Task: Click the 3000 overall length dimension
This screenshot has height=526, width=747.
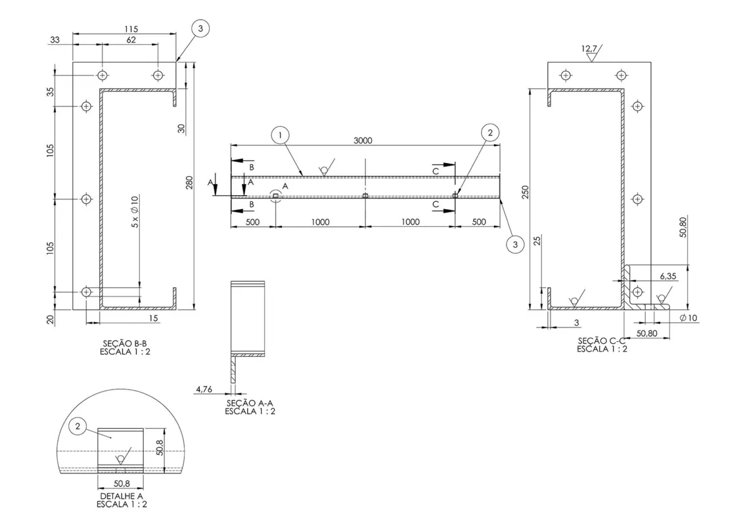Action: [x=363, y=140]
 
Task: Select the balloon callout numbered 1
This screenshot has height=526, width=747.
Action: [x=280, y=135]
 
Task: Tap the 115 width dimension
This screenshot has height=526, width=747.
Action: [x=131, y=29]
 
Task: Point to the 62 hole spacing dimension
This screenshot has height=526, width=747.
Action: [x=131, y=40]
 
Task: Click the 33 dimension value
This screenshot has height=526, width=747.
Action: [x=55, y=40]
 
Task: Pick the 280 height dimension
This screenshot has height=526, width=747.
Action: [x=189, y=183]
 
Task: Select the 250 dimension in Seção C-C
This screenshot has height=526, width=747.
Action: [x=526, y=193]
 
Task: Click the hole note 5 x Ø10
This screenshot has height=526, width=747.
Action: [x=135, y=211]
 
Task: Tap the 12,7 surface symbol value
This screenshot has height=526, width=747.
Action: [x=589, y=49]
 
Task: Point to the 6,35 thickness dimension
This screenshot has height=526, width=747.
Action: [x=668, y=276]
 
